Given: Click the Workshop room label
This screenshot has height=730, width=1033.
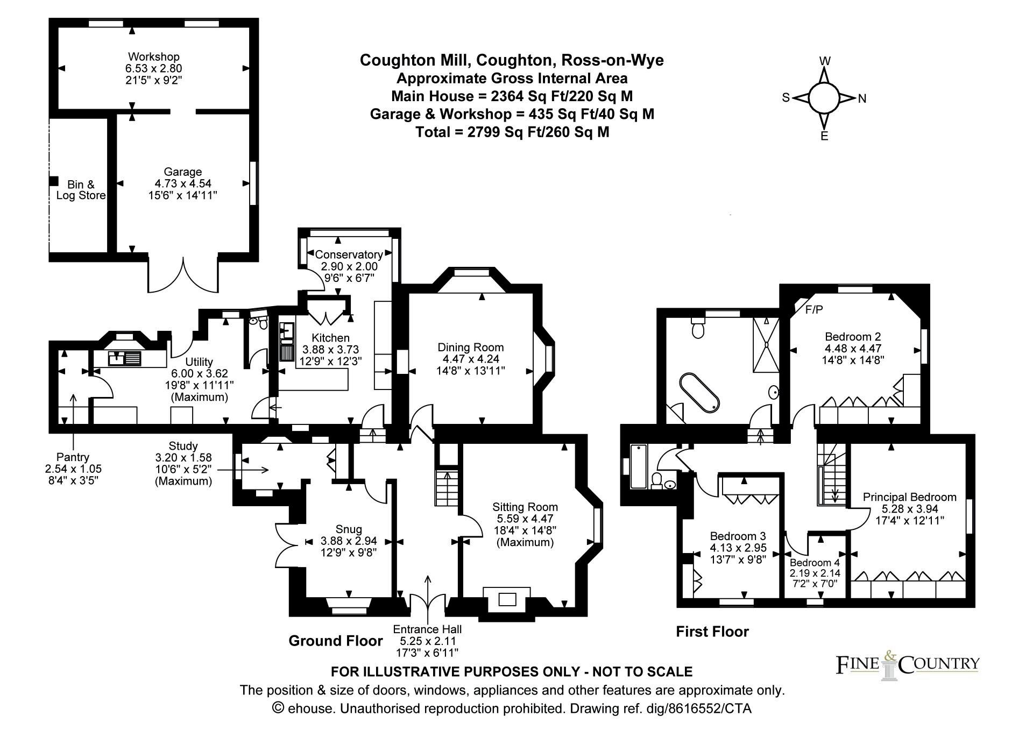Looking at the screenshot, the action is [x=154, y=56].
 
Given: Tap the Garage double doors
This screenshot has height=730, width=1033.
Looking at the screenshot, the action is [x=183, y=275].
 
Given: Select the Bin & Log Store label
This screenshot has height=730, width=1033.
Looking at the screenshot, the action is [x=81, y=190].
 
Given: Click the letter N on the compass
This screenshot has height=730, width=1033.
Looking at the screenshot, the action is [x=862, y=98].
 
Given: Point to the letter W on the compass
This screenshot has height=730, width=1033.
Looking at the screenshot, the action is [x=825, y=61].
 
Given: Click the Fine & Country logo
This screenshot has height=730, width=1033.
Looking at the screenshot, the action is [x=907, y=664].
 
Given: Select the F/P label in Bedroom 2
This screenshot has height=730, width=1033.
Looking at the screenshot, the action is [x=814, y=309].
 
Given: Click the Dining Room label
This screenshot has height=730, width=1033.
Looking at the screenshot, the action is [x=470, y=347].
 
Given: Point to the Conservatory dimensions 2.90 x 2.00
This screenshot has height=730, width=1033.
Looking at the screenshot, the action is [x=349, y=266].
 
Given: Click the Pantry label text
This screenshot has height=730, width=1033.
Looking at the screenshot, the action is [x=73, y=457].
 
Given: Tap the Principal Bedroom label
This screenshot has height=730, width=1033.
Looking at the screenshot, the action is [x=909, y=497].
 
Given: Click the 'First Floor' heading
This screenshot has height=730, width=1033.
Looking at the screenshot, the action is [x=712, y=631].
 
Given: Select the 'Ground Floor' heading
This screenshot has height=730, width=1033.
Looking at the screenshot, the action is [x=336, y=641].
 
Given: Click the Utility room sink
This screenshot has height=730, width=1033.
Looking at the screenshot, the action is [x=125, y=358].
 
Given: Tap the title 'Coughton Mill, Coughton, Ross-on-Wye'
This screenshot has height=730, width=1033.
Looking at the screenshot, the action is [x=512, y=60].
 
